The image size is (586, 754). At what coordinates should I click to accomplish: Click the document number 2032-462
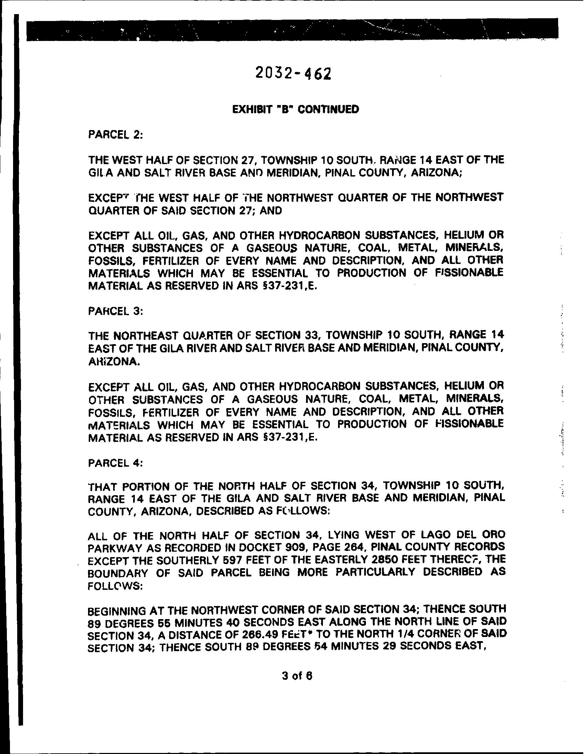coord(293,73)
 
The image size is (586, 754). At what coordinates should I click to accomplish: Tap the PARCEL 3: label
coord(116,311)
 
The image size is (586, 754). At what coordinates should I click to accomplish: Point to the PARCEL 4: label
coord(116,463)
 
